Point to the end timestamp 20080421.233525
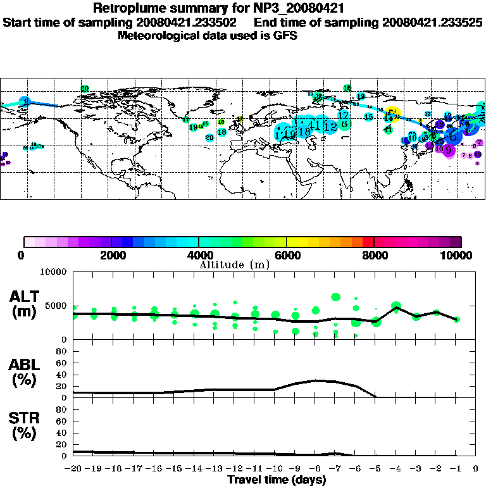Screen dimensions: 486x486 coord(432,22)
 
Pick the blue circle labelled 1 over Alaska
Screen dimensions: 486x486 coord(25,101)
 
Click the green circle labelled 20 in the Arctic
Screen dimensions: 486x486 coord(85,89)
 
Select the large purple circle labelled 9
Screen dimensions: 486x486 coord(449,150)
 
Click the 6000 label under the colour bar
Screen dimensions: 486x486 coord(286,256)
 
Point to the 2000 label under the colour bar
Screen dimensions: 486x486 coord(111,256)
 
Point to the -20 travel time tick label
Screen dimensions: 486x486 coord(73,469)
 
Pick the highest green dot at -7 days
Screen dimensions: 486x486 coord(335,296)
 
